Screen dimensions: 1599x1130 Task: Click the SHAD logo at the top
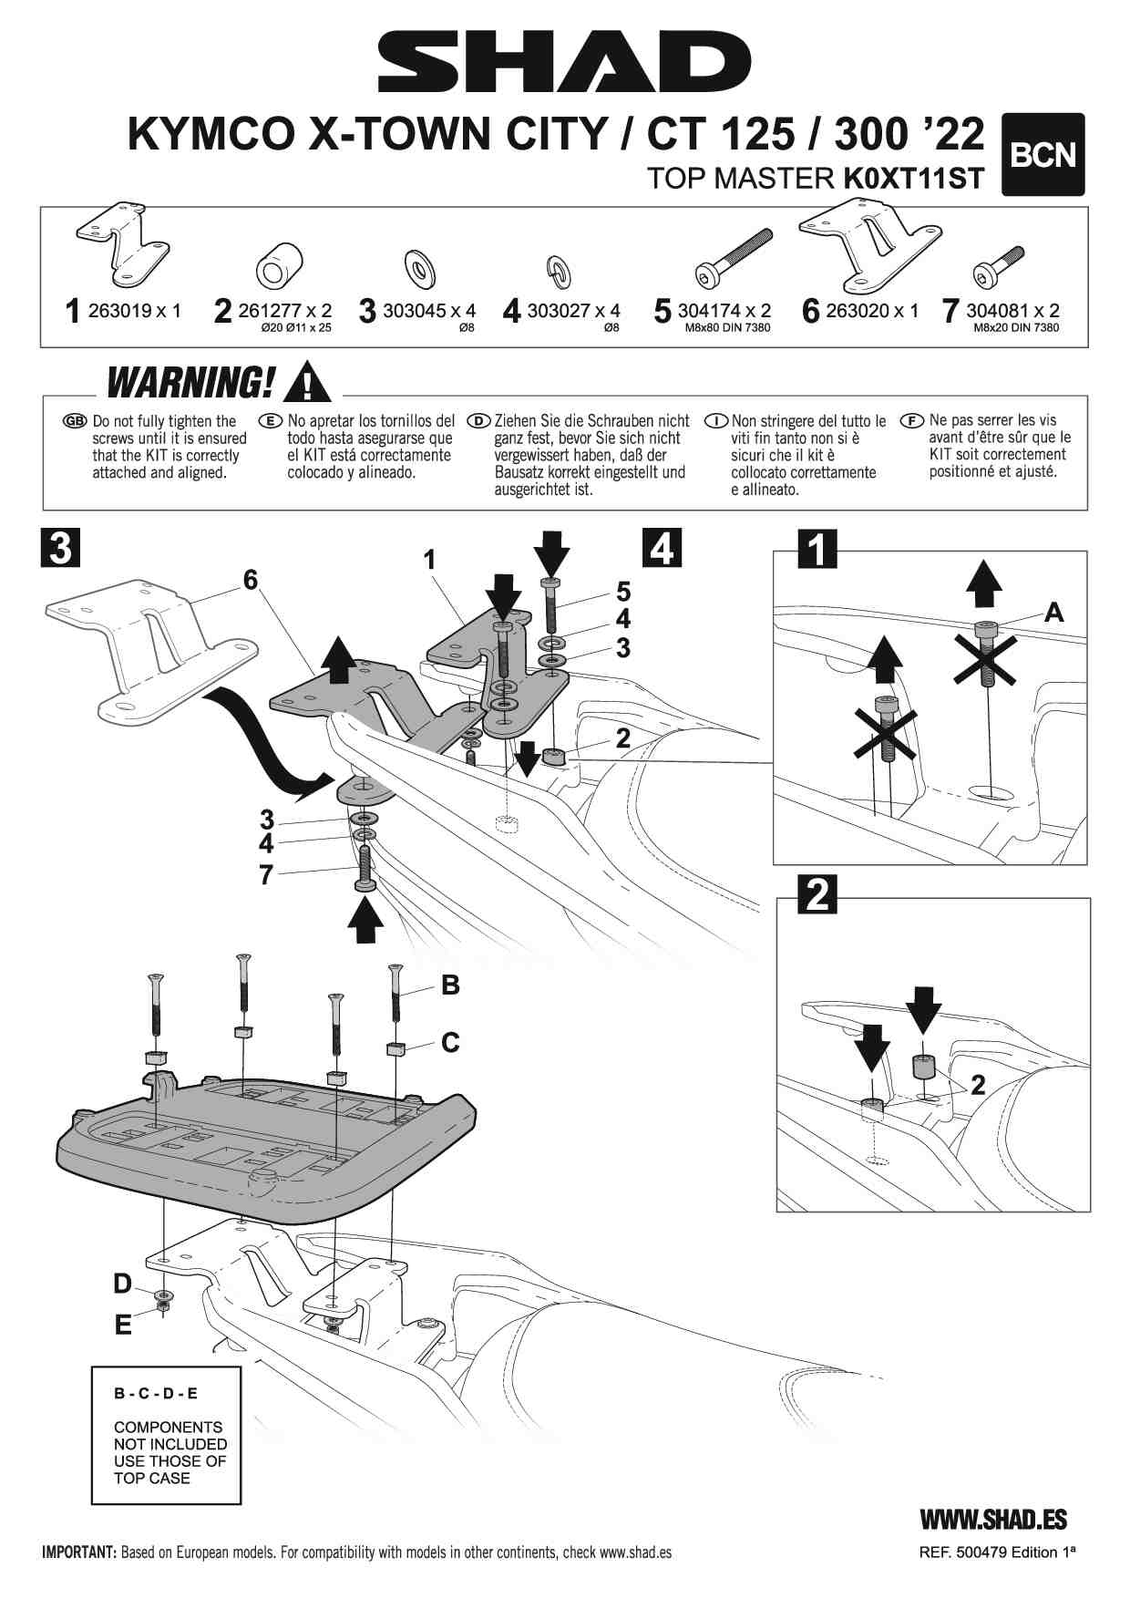pos(564,62)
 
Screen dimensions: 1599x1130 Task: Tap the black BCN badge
pos(1043,154)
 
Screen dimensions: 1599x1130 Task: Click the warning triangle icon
pos(308,382)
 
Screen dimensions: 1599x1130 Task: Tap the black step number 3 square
pos(60,549)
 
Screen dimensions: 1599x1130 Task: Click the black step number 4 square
pos(663,548)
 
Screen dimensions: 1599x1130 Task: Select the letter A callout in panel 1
pos(1053,613)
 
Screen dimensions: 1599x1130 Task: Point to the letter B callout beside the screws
pos(450,985)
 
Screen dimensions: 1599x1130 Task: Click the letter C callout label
pos(450,1042)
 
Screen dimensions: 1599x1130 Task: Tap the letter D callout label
pos(122,1284)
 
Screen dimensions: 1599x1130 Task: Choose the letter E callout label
pos(123,1324)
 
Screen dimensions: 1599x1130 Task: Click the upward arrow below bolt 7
pos(365,919)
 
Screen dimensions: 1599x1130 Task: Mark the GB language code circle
pos(75,421)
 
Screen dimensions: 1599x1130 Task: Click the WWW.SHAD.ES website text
pos(993,1519)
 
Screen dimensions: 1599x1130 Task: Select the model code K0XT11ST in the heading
pos(913,179)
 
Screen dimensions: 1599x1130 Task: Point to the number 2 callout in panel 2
pos(978,1085)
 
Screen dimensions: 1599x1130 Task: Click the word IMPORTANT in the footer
pos(78,1553)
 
